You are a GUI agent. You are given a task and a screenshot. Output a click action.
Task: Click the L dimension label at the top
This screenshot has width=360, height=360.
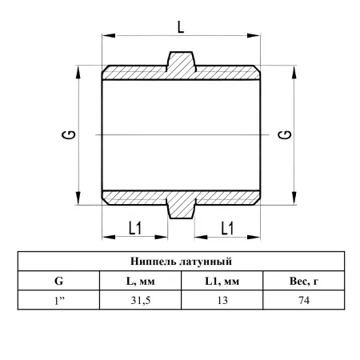point(181,27)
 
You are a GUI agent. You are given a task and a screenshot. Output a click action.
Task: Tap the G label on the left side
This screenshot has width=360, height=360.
point(69,134)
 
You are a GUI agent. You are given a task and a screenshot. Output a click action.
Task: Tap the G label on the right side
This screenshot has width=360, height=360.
point(285,134)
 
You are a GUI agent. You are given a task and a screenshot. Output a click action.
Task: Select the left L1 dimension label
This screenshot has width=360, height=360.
point(135,228)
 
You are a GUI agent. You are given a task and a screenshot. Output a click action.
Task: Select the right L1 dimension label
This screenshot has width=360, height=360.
point(227,228)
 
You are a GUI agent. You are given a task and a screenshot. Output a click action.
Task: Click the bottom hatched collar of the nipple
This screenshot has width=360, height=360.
point(182,209)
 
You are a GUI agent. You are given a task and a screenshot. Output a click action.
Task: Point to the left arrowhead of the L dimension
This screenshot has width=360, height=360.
point(109,35)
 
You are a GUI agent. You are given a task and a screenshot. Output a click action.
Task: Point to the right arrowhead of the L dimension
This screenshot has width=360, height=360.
point(254,35)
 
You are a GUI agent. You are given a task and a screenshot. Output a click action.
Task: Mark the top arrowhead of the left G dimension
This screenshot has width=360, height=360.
point(78,72)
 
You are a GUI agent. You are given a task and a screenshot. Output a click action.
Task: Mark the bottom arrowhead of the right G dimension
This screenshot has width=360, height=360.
point(294,198)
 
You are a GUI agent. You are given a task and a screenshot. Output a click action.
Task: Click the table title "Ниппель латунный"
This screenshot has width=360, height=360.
point(181,262)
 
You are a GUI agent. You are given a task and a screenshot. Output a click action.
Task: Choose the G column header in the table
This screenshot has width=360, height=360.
point(58,281)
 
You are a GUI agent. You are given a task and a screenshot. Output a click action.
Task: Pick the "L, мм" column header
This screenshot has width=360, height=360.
point(141,281)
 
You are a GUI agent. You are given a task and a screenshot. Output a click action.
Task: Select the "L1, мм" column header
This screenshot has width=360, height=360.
point(222,281)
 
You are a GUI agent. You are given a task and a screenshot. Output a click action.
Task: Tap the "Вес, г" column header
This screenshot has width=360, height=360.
point(304,281)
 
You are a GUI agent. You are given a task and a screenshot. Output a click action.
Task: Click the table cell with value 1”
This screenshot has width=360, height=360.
point(59,301)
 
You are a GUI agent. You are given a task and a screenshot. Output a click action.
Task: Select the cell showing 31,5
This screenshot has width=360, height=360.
point(141,301)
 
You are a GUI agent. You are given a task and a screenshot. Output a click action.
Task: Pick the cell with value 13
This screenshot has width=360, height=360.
point(222,301)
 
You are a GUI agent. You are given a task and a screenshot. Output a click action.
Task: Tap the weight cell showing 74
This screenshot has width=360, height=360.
point(304,301)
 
